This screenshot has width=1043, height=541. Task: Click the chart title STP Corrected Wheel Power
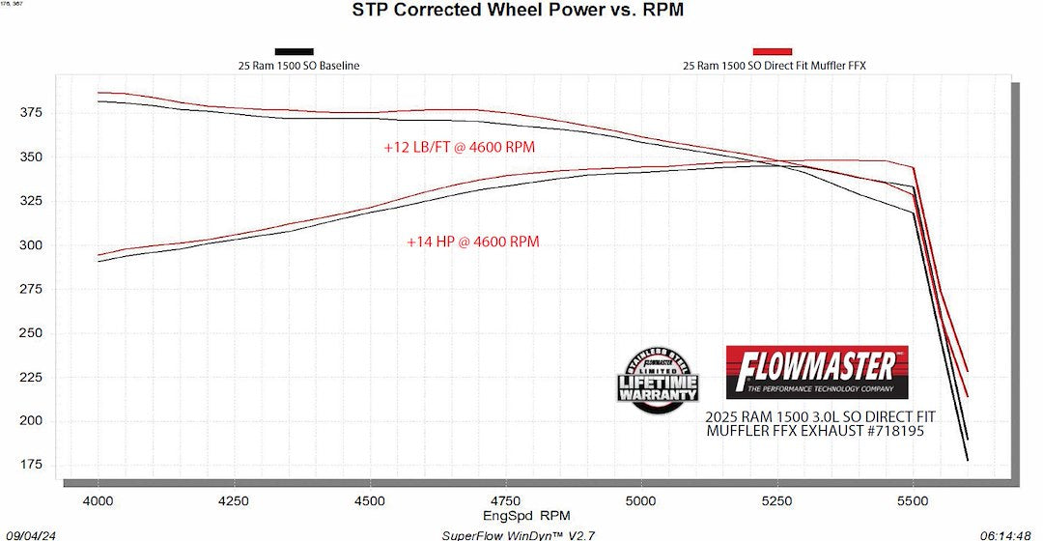521,11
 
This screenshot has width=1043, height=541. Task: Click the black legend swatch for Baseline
294,51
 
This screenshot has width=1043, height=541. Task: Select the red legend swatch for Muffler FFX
772,51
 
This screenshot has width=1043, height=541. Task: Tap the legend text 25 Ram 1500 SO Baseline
294,67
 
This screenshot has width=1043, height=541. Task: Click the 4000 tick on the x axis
99,501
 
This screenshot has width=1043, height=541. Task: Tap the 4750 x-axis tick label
505,501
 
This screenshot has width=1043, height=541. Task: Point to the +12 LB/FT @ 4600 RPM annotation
459,148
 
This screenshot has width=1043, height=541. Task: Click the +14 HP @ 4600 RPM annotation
472,242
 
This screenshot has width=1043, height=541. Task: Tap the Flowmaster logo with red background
816,372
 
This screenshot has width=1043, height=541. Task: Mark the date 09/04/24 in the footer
24,534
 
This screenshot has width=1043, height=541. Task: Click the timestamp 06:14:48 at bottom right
1009,534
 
